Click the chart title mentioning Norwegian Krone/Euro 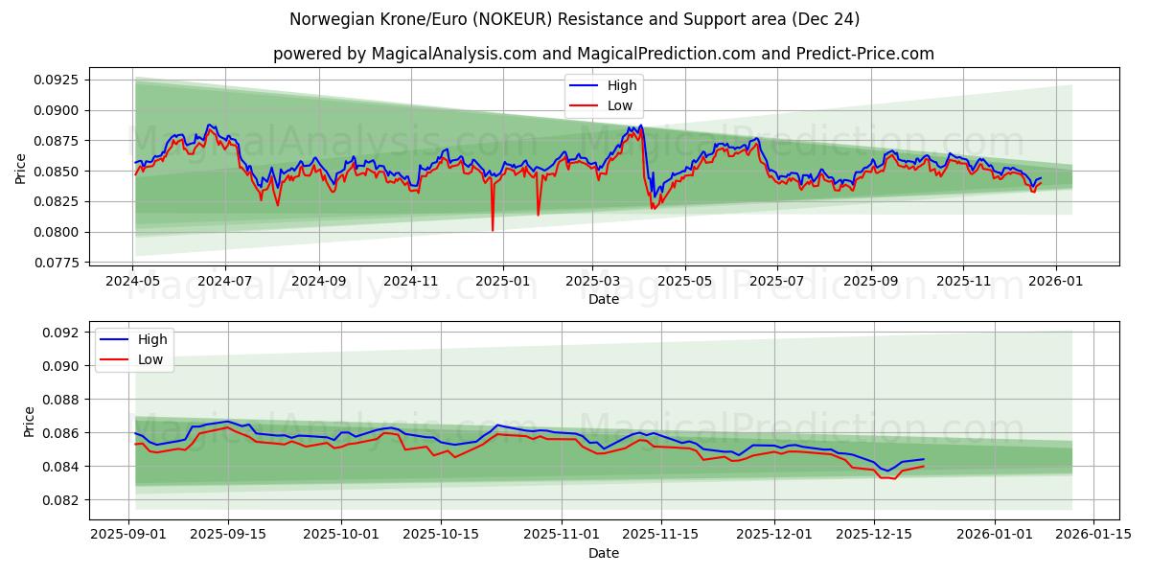[x=575, y=19]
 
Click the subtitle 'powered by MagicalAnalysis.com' [x=604, y=54]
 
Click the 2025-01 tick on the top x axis [x=502, y=282]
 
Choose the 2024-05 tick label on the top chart [x=132, y=282]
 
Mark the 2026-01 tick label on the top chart [x=1056, y=282]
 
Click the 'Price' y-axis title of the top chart [x=21, y=169]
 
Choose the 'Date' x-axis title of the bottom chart [x=604, y=553]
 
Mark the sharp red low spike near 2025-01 [x=493, y=230]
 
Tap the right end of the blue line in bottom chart [x=924, y=459]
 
